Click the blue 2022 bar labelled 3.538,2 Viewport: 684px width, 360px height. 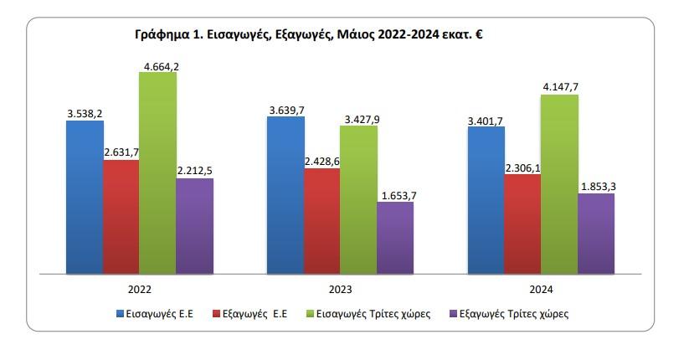[x=85, y=198]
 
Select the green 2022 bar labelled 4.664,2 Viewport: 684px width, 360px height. [x=158, y=172]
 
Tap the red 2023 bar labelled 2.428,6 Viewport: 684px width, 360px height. [x=322, y=221]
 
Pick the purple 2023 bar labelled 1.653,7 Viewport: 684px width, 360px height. [x=395, y=238]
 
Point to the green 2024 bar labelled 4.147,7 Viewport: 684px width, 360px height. [x=560, y=184]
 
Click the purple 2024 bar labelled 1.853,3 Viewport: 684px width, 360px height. [x=596, y=234]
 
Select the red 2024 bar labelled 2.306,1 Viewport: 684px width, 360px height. [x=522, y=224]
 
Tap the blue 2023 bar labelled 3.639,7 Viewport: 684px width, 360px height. [x=285, y=195]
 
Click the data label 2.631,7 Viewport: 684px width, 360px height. [x=121, y=152]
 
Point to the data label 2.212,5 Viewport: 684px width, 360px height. [x=194, y=171]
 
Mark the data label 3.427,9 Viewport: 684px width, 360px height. [x=362, y=120]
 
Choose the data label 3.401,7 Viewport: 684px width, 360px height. [x=486, y=121]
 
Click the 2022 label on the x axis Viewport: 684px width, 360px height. [x=140, y=290]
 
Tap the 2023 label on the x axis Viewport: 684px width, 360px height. [x=340, y=290]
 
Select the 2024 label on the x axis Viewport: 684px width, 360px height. [x=541, y=290]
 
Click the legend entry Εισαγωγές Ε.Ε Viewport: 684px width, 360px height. [x=155, y=314]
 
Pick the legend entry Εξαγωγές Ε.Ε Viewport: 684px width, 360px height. [x=250, y=314]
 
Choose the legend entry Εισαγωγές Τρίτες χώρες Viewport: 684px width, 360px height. [x=368, y=314]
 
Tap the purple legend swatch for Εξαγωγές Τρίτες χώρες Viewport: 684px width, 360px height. [x=453, y=314]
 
